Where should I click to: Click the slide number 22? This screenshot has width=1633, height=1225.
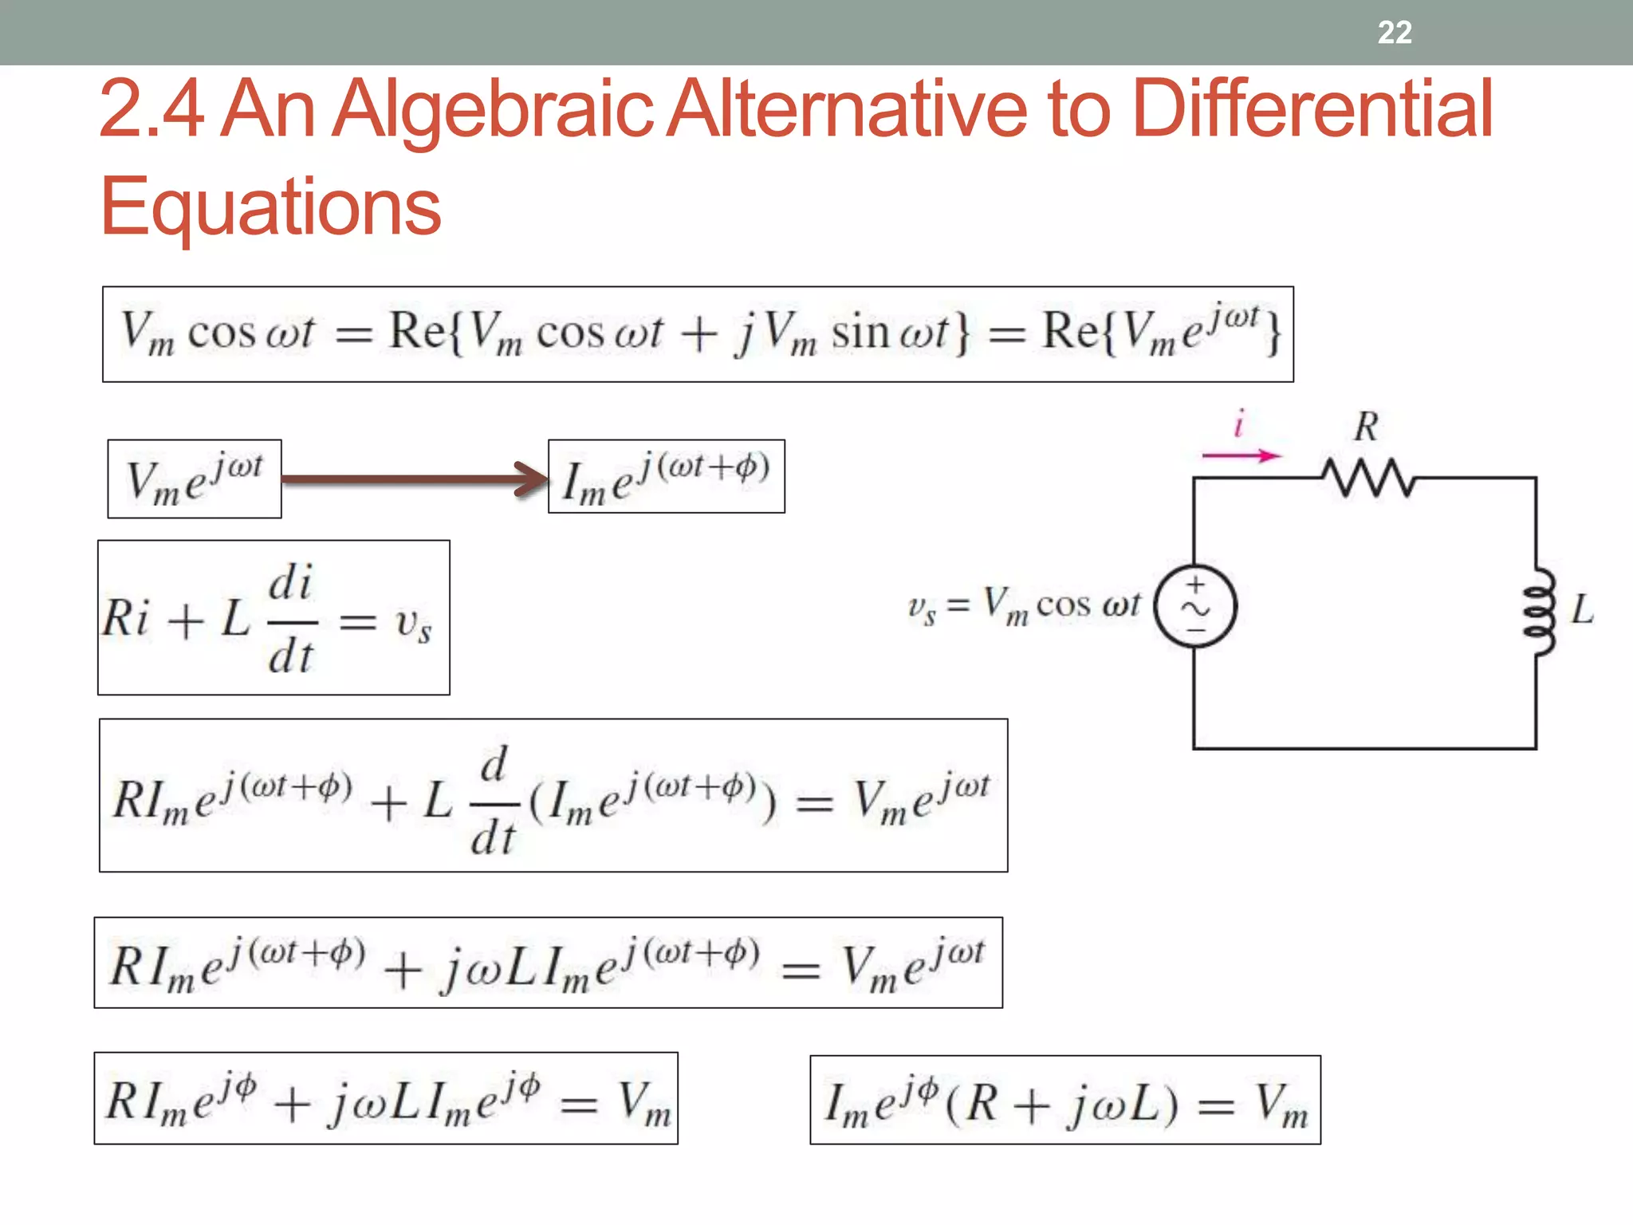point(1395,33)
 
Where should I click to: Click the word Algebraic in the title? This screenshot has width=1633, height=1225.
point(492,110)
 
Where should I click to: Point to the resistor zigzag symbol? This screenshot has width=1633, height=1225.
point(1368,477)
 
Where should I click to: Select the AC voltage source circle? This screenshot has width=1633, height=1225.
point(1195,606)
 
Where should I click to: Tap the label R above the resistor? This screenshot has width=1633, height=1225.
point(1366,427)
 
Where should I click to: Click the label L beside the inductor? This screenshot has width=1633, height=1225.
point(1582,611)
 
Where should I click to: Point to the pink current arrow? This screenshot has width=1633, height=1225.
point(1241,455)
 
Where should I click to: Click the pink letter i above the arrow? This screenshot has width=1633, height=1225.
point(1239,423)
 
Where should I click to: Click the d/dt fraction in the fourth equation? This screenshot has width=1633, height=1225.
point(494,800)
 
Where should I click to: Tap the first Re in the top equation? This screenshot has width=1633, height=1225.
point(416,330)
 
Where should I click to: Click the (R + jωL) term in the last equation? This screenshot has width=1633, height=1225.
point(1061,1104)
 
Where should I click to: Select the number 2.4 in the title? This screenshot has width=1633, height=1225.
point(151,110)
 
